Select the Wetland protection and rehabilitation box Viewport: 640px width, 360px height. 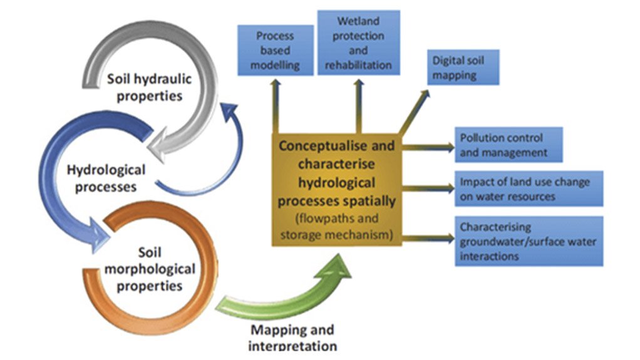(x=358, y=43)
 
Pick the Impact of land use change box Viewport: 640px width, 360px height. (x=529, y=188)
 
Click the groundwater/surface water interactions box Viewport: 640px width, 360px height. (x=529, y=241)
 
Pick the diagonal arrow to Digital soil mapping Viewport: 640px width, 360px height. (x=415, y=113)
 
